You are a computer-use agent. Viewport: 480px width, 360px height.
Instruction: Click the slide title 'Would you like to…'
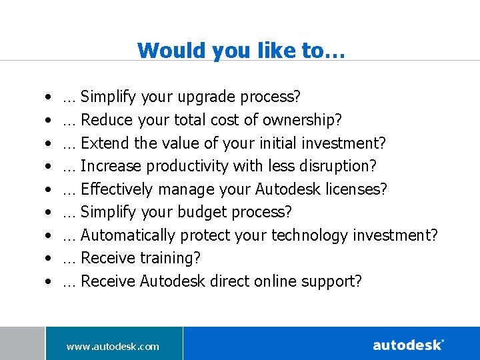tap(241, 50)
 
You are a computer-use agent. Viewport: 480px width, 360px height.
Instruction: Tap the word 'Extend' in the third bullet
tap(104, 143)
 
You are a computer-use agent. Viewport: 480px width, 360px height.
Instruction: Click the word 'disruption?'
tap(340, 166)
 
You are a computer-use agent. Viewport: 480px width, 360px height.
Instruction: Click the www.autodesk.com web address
tap(113, 346)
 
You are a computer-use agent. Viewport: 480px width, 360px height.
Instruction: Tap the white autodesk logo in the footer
tap(408, 345)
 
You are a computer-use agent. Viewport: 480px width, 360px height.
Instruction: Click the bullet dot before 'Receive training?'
tap(50, 259)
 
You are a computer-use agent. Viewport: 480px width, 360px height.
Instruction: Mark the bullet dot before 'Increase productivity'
tap(50, 166)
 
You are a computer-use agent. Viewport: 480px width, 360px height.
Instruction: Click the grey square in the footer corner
tap(22, 343)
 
